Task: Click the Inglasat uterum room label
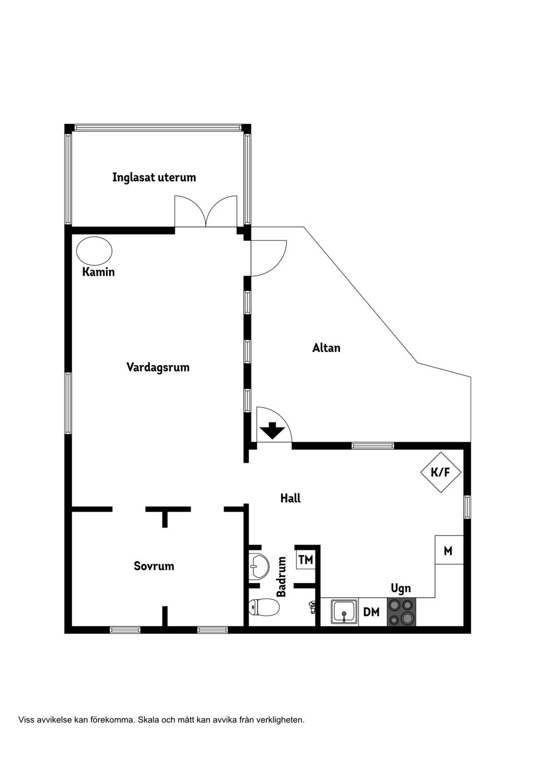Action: (154, 177)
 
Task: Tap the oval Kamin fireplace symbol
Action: (94, 251)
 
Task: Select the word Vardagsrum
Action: (158, 367)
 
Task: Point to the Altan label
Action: (326, 348)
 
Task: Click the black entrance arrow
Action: (273, 430)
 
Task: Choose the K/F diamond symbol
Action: (441, 472)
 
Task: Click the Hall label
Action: (290, 498)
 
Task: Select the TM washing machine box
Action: (305, 560)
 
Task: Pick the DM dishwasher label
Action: (371, 612)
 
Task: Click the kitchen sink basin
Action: (344, 612)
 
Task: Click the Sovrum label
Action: (154, 566)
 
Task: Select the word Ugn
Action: (401, 588)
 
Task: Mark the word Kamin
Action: (99, 272)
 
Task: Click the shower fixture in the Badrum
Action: (312, 607)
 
